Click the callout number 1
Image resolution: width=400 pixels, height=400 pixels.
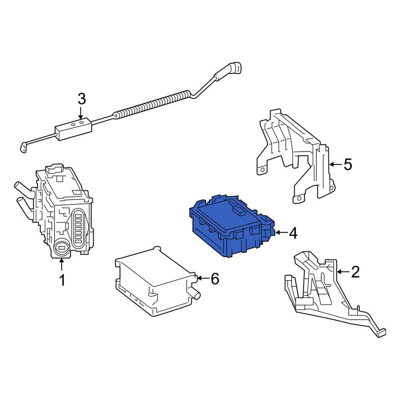click(62, 280)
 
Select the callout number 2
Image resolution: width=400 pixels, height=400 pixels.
click(355, 272)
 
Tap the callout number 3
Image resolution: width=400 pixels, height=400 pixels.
click(82, 99)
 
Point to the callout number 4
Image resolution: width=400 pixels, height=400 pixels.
click(293, 233)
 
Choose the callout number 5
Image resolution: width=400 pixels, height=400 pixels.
click(348, 164)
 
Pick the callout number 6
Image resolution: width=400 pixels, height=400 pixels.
click(215, 278)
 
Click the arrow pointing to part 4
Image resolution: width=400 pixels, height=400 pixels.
click(281, 232)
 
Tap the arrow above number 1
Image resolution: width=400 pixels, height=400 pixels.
click(61, 264)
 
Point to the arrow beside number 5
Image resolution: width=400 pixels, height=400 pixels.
click(336, 164)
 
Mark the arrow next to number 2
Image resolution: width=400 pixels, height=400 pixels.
click(343, 272)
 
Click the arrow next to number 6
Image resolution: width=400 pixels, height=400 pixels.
click(203, 278)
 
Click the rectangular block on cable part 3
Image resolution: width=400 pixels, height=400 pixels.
click(73, 129)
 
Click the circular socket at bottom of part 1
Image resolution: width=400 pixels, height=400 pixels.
click(62, 248)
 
